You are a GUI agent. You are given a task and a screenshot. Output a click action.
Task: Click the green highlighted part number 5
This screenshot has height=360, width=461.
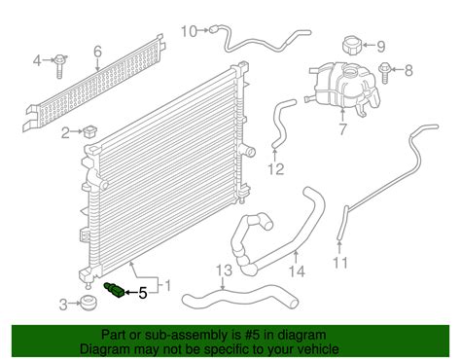[x=114, y=290]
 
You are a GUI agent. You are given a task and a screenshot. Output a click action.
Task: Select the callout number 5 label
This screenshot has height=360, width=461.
[x=143, y=293]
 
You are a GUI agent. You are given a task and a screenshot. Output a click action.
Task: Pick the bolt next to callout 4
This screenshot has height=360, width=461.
[x=60, y=66]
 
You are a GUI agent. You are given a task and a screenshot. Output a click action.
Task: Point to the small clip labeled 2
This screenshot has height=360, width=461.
[x=89, y=132]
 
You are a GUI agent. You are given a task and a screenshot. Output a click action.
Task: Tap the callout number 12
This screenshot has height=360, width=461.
[x=276, y=169]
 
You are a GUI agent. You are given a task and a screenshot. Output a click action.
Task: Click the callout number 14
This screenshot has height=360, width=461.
[x=297, y=271]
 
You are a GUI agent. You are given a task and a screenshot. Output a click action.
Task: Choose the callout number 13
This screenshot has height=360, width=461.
[x=225, y=270]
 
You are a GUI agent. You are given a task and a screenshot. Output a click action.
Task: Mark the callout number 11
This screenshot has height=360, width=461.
[x=340, y=263]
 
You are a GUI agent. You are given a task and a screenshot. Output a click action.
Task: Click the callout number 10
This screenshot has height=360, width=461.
[x=189, y=31]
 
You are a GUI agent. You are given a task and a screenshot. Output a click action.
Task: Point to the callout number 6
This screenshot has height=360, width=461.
[x=97, y=52]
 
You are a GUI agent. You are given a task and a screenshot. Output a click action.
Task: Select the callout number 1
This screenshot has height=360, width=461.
[x=167, y=286]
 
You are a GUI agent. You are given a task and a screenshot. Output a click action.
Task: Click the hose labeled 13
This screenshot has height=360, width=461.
[x=240, y=295]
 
